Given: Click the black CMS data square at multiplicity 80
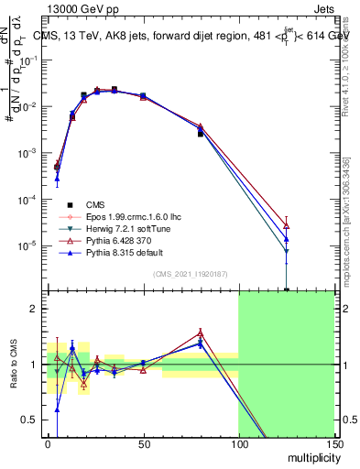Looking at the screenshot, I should tap(201, 134).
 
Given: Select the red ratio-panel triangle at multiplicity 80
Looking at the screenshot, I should tap(201, 333).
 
